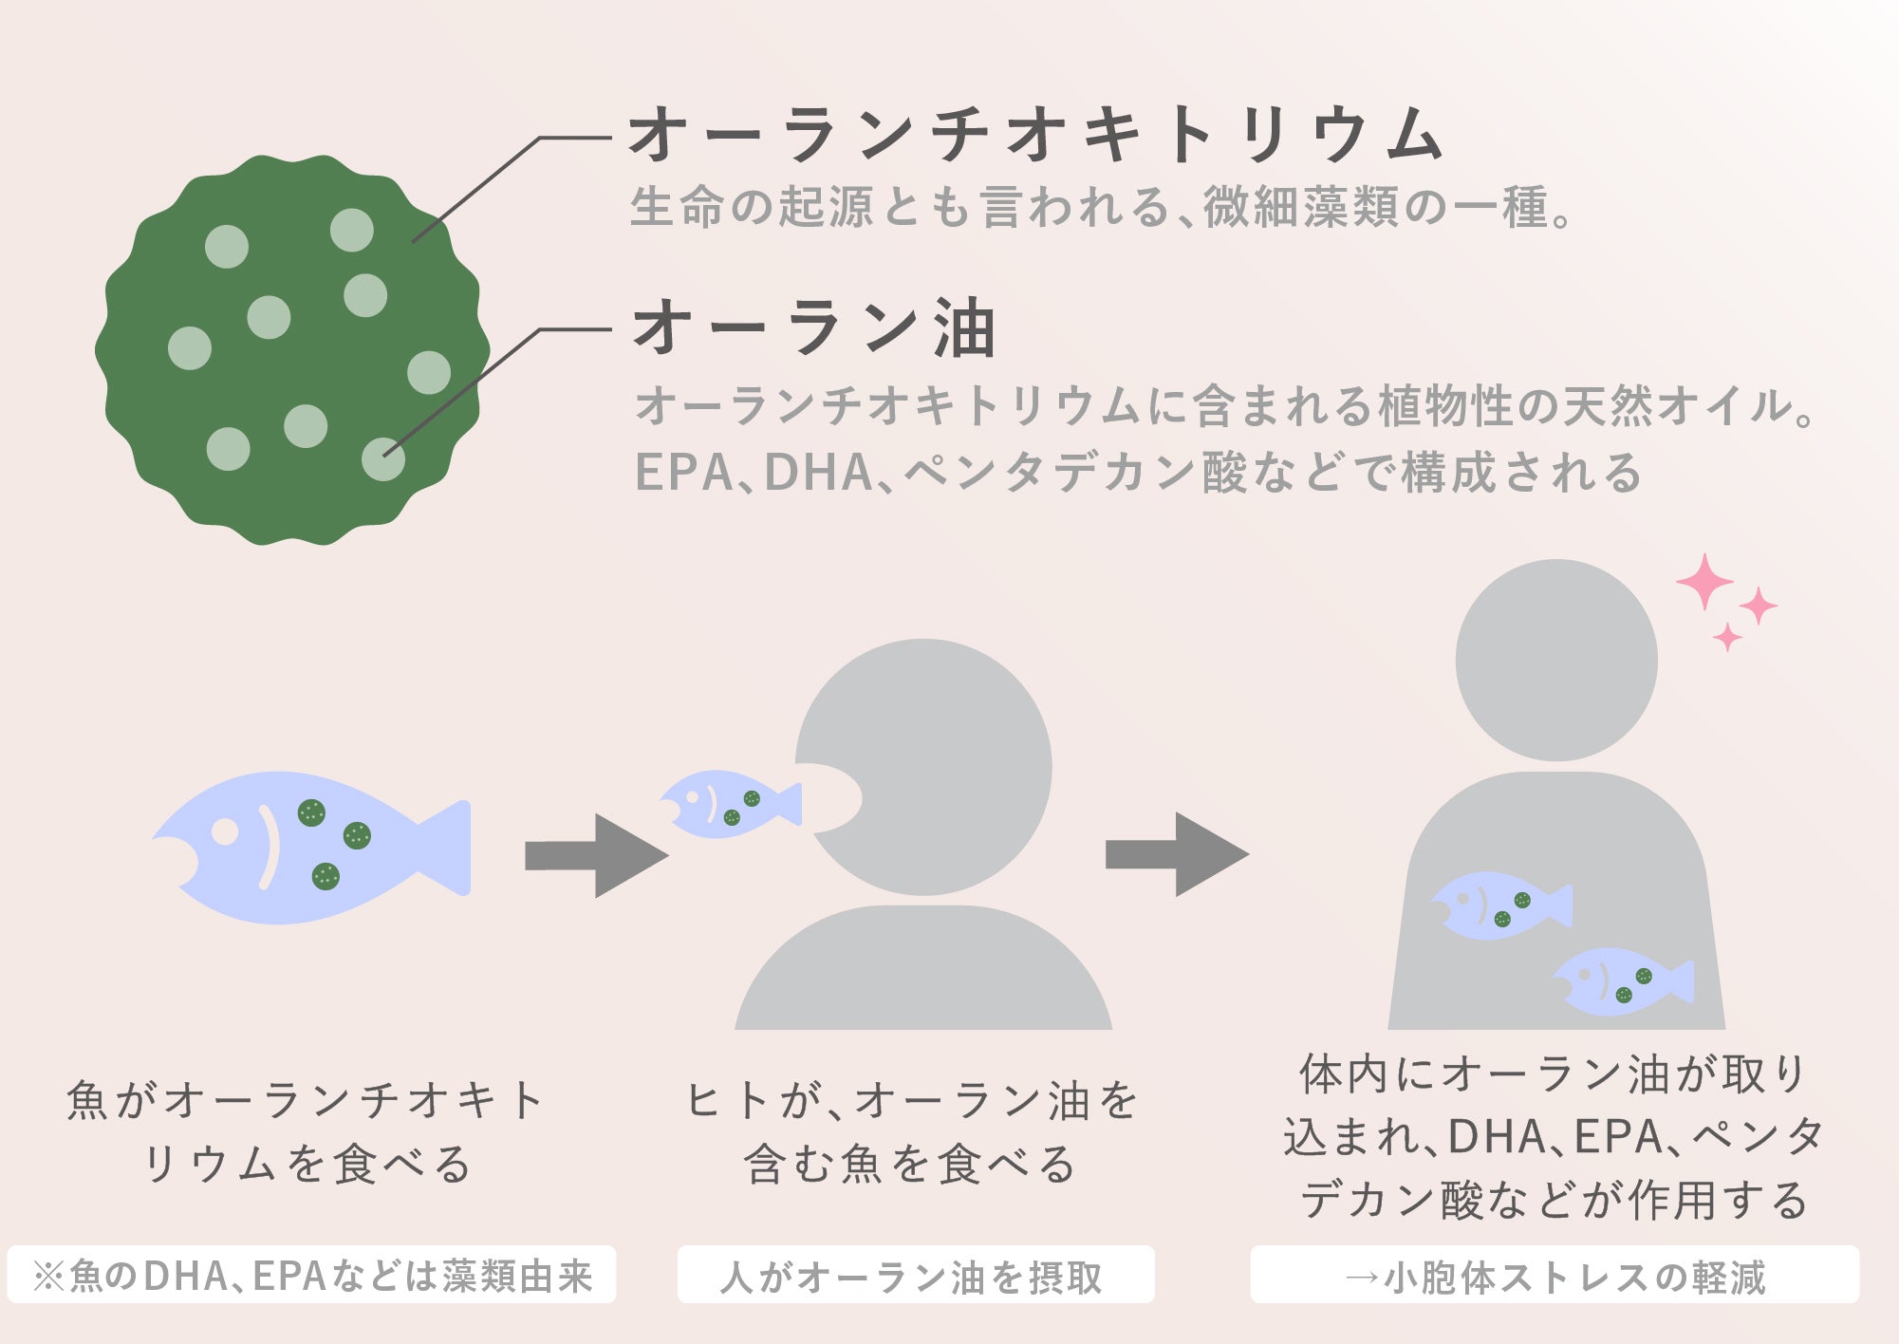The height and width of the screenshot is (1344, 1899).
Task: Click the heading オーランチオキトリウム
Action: (x=1034, y=135)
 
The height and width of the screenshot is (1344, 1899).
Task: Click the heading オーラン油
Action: (x=814, y=328)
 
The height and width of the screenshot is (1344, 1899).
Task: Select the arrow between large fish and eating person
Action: (x=596, y=855)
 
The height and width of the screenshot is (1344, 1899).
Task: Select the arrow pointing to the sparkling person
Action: (x=1177, y=854)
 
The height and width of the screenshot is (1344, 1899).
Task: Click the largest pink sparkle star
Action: (x=1704, y=581)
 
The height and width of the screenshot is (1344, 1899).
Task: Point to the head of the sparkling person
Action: (x=1556, y=660)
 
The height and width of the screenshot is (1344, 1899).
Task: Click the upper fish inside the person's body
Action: (x=1500, y=905)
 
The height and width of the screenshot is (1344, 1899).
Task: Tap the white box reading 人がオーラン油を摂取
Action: (x=915, y=1276)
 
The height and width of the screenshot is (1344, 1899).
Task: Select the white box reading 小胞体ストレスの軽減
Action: (x=1555, y=1276)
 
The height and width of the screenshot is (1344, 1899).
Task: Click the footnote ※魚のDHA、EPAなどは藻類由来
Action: (x=311, y=1276)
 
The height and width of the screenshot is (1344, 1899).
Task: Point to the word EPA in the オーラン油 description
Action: (x=683, y=472)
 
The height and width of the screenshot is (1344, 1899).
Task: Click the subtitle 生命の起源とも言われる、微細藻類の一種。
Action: (x=1101, y=207)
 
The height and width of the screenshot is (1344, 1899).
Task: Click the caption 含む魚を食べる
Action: (x=909, y=1164)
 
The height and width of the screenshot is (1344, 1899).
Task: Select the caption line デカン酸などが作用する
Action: (x=1555, y=1200)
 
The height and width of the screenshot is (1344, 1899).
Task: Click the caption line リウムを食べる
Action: (x=306, y=1164)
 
